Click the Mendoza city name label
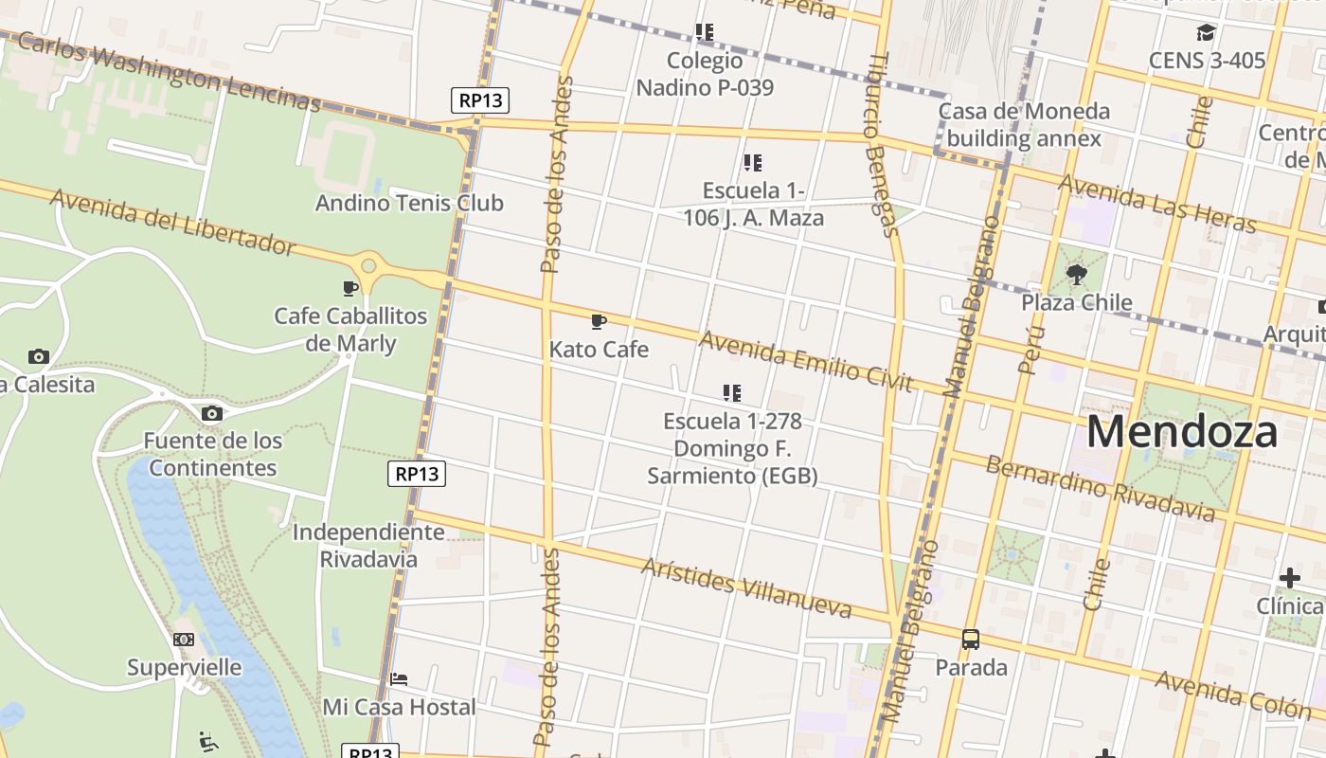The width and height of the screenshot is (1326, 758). click(1181, 432)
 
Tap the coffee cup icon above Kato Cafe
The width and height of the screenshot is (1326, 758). click(599, 322)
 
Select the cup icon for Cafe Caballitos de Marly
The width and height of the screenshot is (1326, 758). click(350, 288)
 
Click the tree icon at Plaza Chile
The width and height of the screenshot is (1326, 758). click(1076, 275)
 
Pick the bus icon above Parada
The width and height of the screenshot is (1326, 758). click(971, 640)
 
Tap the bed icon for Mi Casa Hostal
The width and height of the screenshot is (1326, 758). click(399, 679)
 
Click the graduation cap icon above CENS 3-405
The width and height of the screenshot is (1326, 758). click(1206, 33)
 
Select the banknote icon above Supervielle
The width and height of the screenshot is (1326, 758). click(184, 640)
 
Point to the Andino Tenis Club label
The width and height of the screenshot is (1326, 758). click(409, 203)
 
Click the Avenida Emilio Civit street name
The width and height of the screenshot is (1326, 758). click(805, 361)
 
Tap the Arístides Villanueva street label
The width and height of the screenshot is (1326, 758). click(745, 587)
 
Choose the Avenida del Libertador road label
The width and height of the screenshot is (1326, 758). click(172, 222)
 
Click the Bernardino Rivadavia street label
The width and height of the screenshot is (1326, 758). click(1100, 488)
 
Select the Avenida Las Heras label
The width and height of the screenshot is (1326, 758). click(1156, 204)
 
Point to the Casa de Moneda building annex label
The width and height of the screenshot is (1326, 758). click(1023, 125)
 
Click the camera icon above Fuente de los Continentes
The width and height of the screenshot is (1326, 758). click(212, 413)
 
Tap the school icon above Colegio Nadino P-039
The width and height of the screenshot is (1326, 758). click(704, 32)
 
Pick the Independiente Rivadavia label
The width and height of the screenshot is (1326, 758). click(368, 545)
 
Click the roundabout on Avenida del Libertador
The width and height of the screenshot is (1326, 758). click(368, 265)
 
